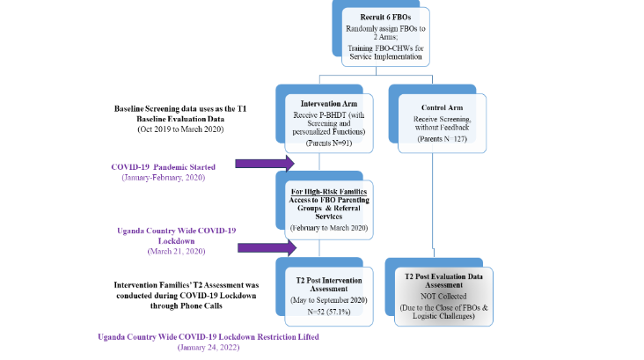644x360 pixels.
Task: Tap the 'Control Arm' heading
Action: point(432,107)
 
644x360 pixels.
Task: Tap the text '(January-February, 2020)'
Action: point(164,177)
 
